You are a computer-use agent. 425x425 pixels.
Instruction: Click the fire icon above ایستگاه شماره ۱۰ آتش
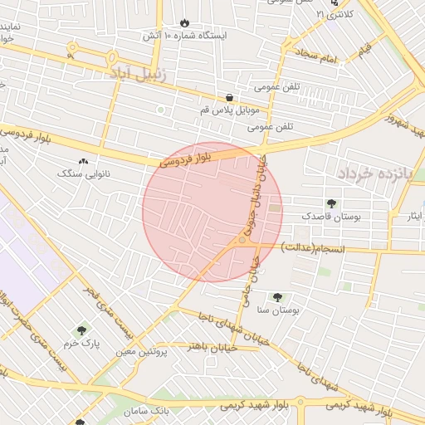pos(184,23)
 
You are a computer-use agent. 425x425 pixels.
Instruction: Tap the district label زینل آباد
pos(137,74)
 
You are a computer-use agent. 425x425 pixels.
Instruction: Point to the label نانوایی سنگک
pos(83,174)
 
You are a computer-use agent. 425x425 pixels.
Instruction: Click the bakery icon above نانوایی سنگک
pos(82,161)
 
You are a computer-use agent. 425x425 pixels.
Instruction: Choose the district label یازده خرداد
pos(369,173)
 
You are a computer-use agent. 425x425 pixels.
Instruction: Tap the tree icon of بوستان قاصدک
pos(333,203)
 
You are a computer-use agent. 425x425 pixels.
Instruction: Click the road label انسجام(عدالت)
pos(312,247)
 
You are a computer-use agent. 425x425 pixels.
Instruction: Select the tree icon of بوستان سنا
pos(276,297)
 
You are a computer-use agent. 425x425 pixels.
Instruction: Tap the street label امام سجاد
pos(316,56)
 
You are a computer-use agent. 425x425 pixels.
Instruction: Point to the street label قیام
pos(364,52)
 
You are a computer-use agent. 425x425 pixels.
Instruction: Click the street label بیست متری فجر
pos(108,308)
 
